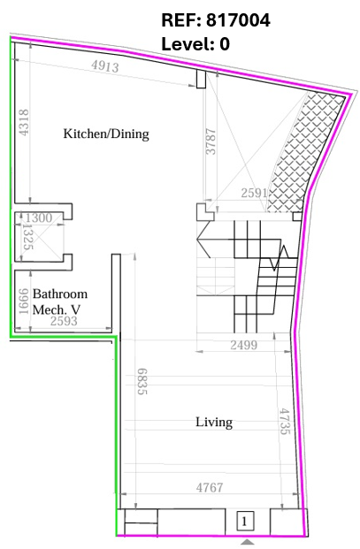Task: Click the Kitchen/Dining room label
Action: click(x=106, y=133)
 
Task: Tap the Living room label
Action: click(x=214, y=423)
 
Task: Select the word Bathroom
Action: click(x=60, y=294)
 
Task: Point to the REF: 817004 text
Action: click(x=216, y=20)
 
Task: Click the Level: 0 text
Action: click(x=195, y=44)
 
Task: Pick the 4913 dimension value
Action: click(x=105, y=65)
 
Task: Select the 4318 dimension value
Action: click(x=24, y=123)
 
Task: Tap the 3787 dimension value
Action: click(x=211, y=141)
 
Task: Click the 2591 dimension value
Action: click(x=254, y=193)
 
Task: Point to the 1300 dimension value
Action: click(x=39, y=217)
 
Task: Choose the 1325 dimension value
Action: click(x=27, y=237)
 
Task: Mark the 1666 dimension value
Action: click(x=24, y=301)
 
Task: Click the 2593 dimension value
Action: click(x=64, y=321)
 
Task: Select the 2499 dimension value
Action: click(x=244, y=346)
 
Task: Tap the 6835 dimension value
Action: click(x=142, y=381)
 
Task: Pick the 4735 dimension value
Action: click(x=285, y=421)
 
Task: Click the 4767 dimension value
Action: click(x=210, y=487)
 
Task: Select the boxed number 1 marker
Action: click(x=245, y=522)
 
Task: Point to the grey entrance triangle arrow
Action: click(x=248, y=542)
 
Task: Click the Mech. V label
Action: click(x=57, y=309)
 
